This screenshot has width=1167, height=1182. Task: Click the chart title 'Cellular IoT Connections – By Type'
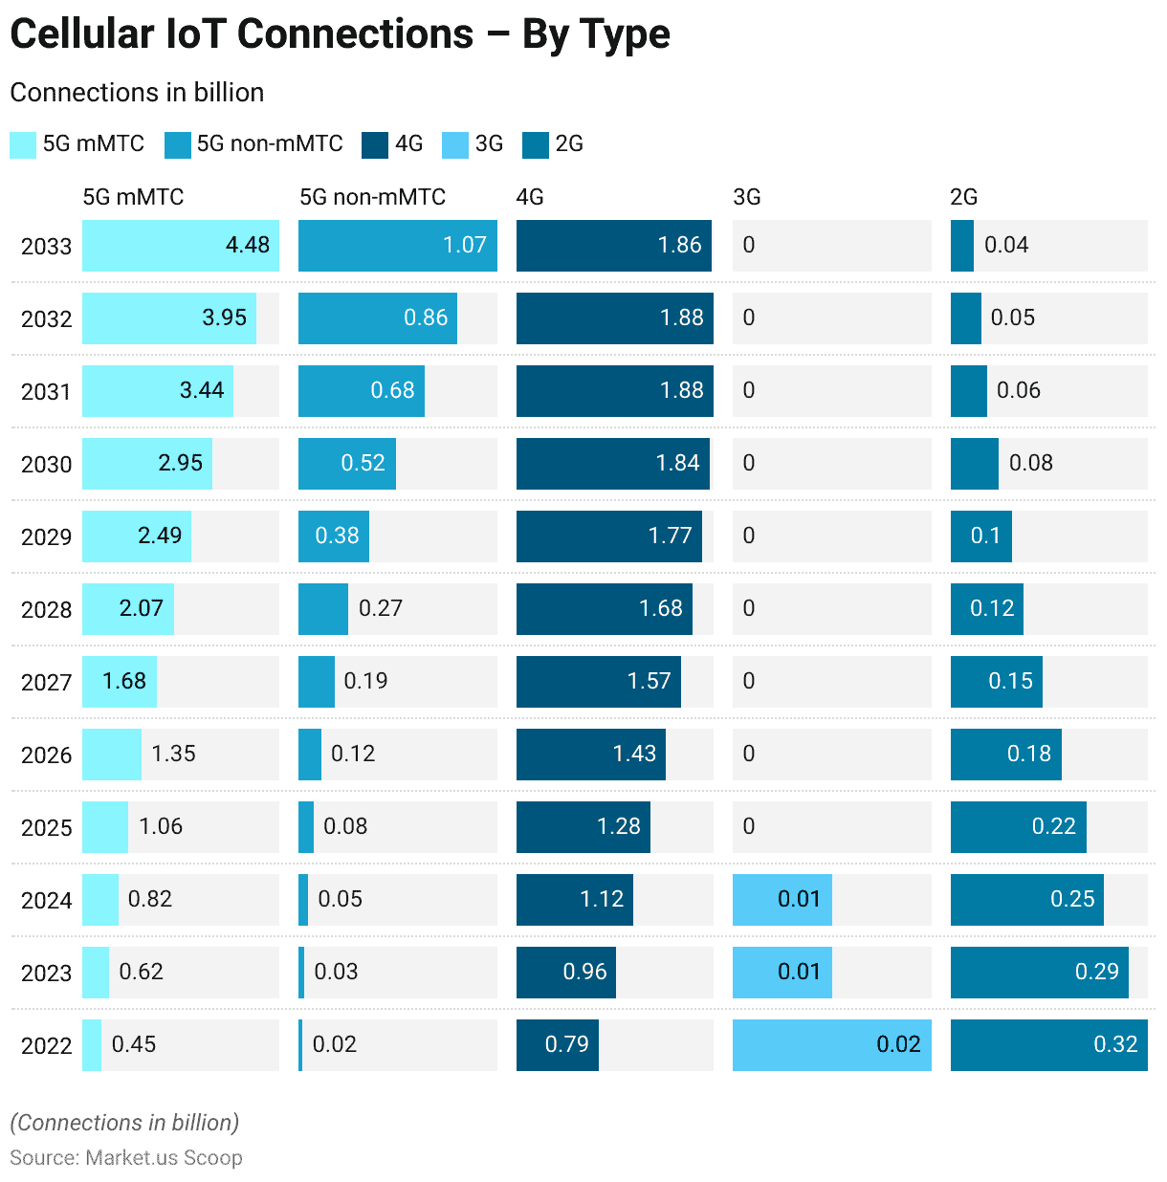(340, 34)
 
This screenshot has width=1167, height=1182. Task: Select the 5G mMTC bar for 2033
(181, 246)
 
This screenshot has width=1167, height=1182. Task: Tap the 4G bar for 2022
(557, 1045)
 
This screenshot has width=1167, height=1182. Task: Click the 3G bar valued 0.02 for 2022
(831, 1045)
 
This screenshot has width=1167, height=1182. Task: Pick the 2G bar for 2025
(1018, 827)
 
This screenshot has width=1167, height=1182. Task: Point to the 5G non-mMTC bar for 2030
(346, 464)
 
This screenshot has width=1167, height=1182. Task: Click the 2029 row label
(46, 537)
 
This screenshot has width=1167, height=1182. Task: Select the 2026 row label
(46, 755)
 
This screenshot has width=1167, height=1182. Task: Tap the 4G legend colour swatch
(375, 145)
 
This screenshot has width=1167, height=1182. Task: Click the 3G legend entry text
(489, 144)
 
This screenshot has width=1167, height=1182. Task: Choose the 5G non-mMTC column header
(372, 197)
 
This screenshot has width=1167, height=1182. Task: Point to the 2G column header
(963, 197)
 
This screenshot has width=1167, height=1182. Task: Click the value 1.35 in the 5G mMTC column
(173, 754)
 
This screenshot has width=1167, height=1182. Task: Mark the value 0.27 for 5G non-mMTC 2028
(380, 608)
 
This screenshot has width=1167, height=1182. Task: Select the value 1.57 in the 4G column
(649, 681)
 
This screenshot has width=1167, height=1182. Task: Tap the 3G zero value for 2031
(749, 390)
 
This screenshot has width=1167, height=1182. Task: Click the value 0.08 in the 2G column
(1030, 463)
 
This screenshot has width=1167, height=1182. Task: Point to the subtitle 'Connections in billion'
(137, 93)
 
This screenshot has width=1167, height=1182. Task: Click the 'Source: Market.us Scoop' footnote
(126, 1158)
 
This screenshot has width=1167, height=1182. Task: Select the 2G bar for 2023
(1039, 973)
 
